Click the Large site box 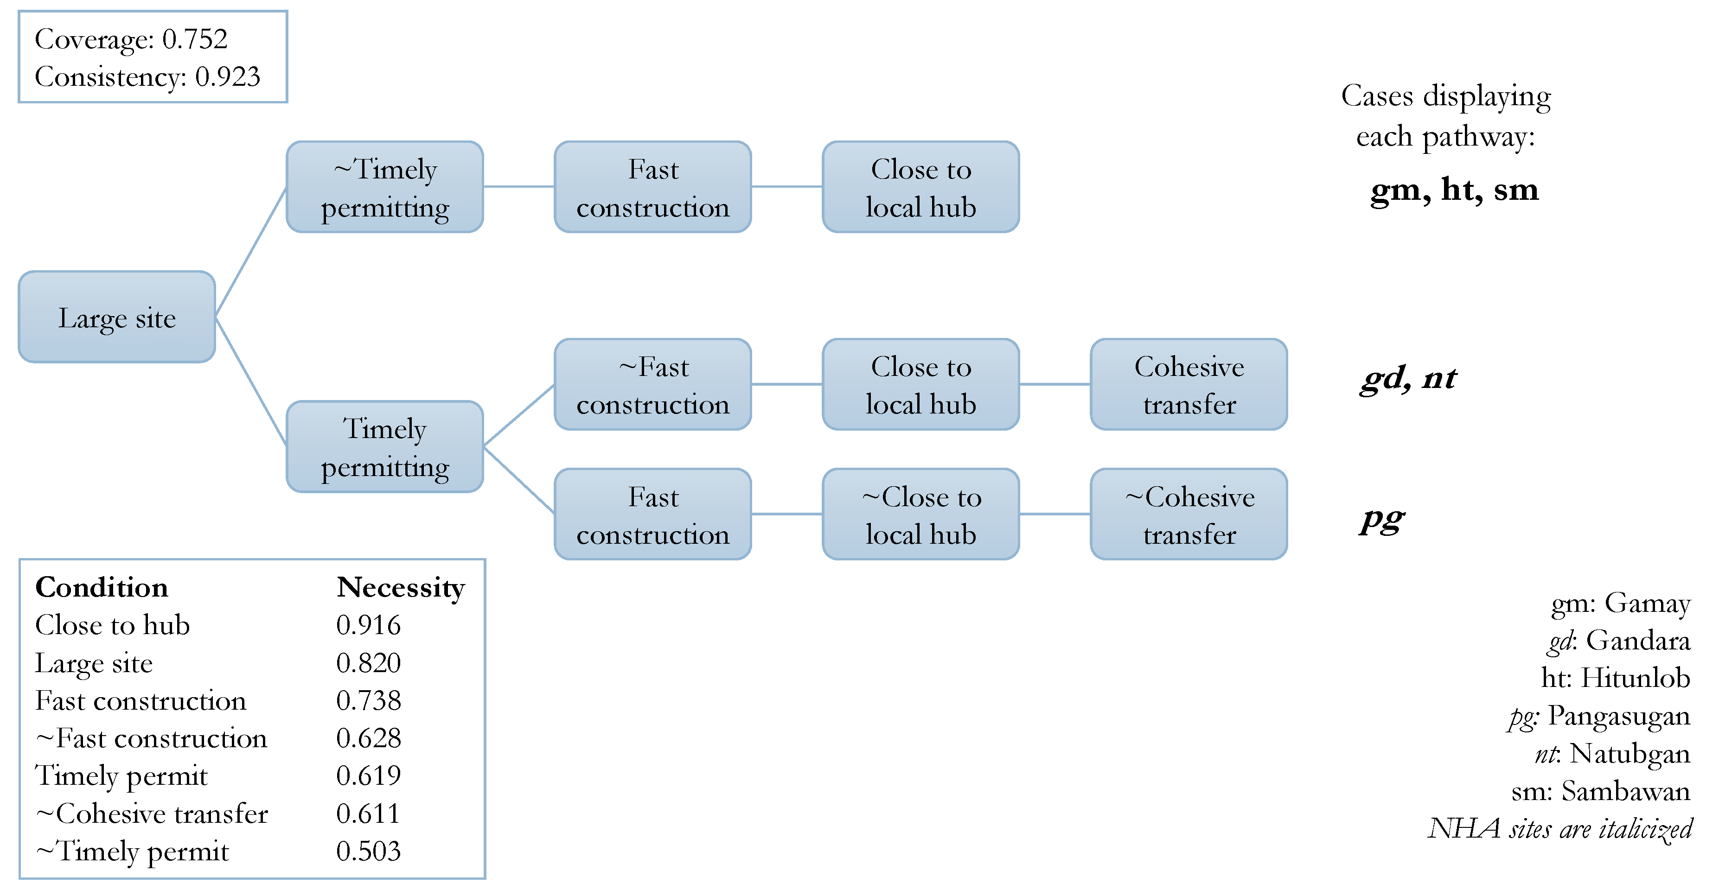tap(117, 318)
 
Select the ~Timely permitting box tap(385, 187)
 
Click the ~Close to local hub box tap(921, 515)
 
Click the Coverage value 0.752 tap(195, 39)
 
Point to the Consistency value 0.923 tap(228, 77)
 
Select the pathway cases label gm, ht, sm tap(1454, 190)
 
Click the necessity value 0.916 tap(368, 625)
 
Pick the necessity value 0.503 tap(368, 852)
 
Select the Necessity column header tap(400, 588)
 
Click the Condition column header tap(102, 588)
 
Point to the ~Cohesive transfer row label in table tap(152, 814)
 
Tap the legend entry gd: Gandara tap(1620, 641)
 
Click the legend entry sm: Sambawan tap(1600, 791)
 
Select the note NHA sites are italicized tap(1559, 829)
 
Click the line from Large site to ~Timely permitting tap(251, 252)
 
